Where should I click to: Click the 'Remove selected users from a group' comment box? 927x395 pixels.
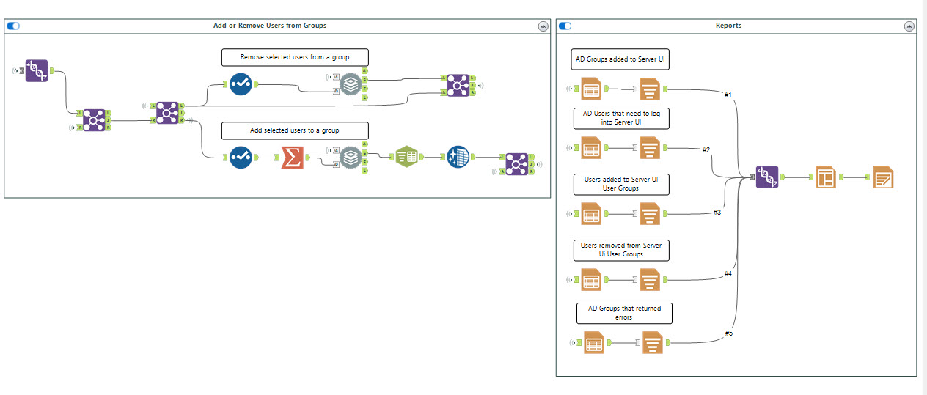coord(295,57)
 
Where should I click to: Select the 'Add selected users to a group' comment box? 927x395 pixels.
coord(295,130)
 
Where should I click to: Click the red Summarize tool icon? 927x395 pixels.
coord(293,158)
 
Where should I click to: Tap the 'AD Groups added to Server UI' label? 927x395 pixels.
coord(620,59)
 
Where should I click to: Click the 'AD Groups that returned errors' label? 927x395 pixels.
coord(623,313)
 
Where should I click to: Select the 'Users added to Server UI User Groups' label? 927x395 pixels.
coord(621,183)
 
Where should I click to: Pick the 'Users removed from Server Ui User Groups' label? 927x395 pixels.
coord(621,250)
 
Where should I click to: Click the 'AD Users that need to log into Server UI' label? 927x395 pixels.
coord(621,118)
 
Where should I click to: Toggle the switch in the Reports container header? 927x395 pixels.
coord(565,26)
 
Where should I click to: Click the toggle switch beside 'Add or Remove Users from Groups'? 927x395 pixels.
coord(13,26)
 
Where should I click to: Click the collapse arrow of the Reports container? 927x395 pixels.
coord(909,26)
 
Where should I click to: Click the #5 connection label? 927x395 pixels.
coord(728,333)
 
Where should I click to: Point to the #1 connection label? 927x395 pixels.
coord(728,95)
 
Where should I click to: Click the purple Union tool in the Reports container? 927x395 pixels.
coord(767,177)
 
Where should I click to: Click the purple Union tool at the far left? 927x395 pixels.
coord(37,70)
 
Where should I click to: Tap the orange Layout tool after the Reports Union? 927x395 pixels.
coord(827,177)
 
